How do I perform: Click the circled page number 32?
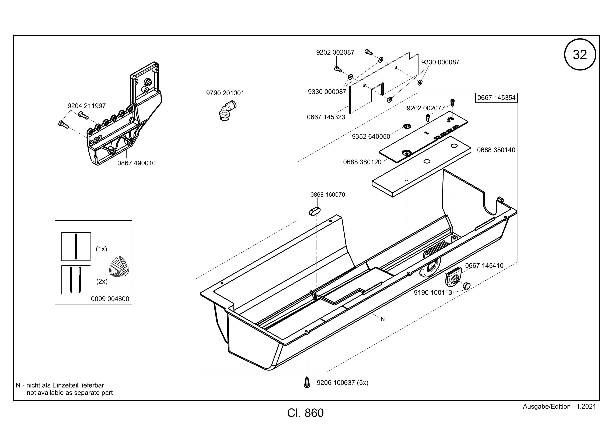(x=580, y=55)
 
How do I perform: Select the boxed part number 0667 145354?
(x=496, y=98)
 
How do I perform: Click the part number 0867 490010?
(x=136, y=163)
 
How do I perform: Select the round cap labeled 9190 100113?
(x=466, y=285)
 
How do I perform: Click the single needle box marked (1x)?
(x=76, y=246)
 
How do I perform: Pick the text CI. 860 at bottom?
(x=305, y=413)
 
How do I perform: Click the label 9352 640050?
(x=371, y=137)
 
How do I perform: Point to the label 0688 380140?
(x=496, y=150)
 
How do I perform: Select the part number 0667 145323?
(x=326, y=117)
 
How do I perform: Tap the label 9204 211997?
(x=87, y=106)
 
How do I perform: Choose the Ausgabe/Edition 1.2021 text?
(x=559, y=407)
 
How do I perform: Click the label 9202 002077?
(x=426, y=108)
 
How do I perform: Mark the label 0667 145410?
(x=484, y=266)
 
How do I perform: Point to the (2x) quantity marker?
(x=102, y=281)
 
